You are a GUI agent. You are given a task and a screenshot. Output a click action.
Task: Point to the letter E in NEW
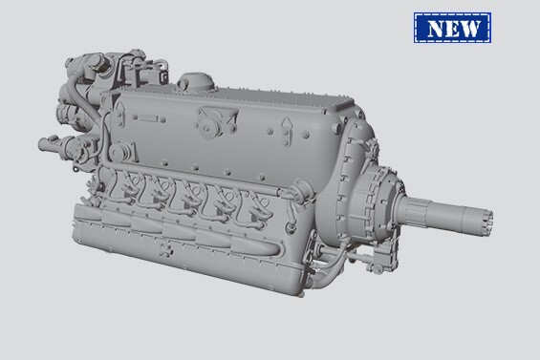click(459, 29)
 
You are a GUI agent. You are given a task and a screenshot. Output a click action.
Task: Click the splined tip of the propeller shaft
click(479, 219)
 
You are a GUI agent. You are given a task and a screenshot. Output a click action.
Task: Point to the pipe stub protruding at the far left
click(46, 145)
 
